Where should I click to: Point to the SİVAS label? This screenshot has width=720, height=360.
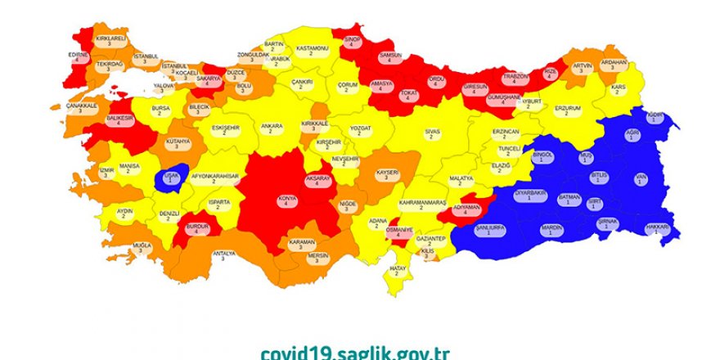coord(432,133)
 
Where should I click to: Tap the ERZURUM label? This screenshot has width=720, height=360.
coord(567,110)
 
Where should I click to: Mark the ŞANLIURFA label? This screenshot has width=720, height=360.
coord(488,230)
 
